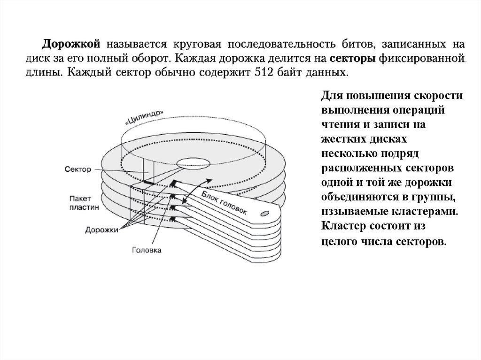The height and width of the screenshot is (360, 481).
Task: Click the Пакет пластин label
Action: click(83, 203)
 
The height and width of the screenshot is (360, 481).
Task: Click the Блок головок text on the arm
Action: click(226, 203)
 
